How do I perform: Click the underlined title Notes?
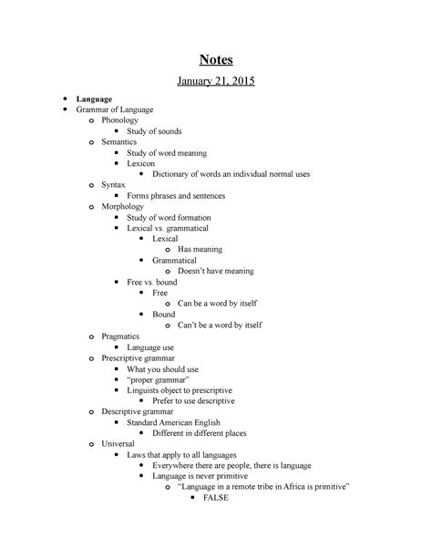(x=216, y=61)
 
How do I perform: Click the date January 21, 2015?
(x=216, y=82)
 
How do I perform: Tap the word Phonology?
(x=121, y=119)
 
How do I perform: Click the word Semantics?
(x=121, y=142)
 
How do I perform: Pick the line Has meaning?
(x=201, y=249)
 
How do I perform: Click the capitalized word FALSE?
(x=218, y=499)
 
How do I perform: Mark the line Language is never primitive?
(x=211, y=476)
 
